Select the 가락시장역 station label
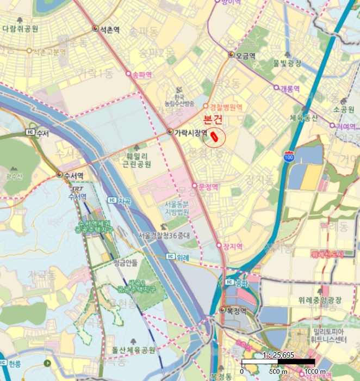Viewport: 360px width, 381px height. coord(190,132)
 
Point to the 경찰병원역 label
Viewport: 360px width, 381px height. coord(226,106)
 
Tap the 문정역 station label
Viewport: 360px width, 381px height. coord(208,186)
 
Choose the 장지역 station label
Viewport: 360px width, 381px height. coord(232,246)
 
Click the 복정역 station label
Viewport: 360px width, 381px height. coord(236,311)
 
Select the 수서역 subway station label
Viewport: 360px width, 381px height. coord(73,175)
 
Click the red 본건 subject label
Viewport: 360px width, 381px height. coord(213,119)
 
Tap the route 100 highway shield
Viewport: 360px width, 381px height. coord(288,157)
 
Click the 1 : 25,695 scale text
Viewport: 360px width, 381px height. coord(278,354)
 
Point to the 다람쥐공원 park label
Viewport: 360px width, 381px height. coord(20,28)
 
